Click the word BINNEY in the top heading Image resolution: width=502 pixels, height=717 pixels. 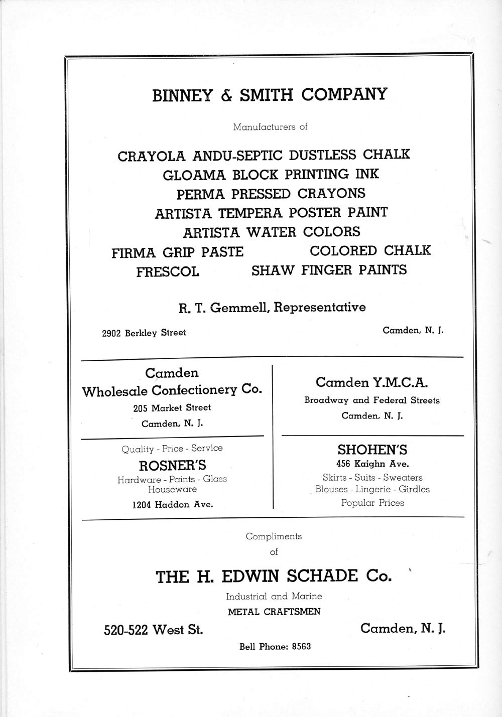point(182,95)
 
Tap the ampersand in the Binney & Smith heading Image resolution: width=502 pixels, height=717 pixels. point(225,95)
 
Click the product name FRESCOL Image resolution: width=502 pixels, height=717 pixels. point(167,271)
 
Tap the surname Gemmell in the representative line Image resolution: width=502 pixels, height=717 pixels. point(238,308)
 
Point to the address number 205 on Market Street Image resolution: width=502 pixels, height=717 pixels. point(140,408)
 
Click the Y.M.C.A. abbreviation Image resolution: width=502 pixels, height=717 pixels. point(400,383)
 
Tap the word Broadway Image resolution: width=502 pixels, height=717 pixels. point(326,400)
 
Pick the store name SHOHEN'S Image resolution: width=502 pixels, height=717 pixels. point(371,450)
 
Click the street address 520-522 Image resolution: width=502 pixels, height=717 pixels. point(126,630)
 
